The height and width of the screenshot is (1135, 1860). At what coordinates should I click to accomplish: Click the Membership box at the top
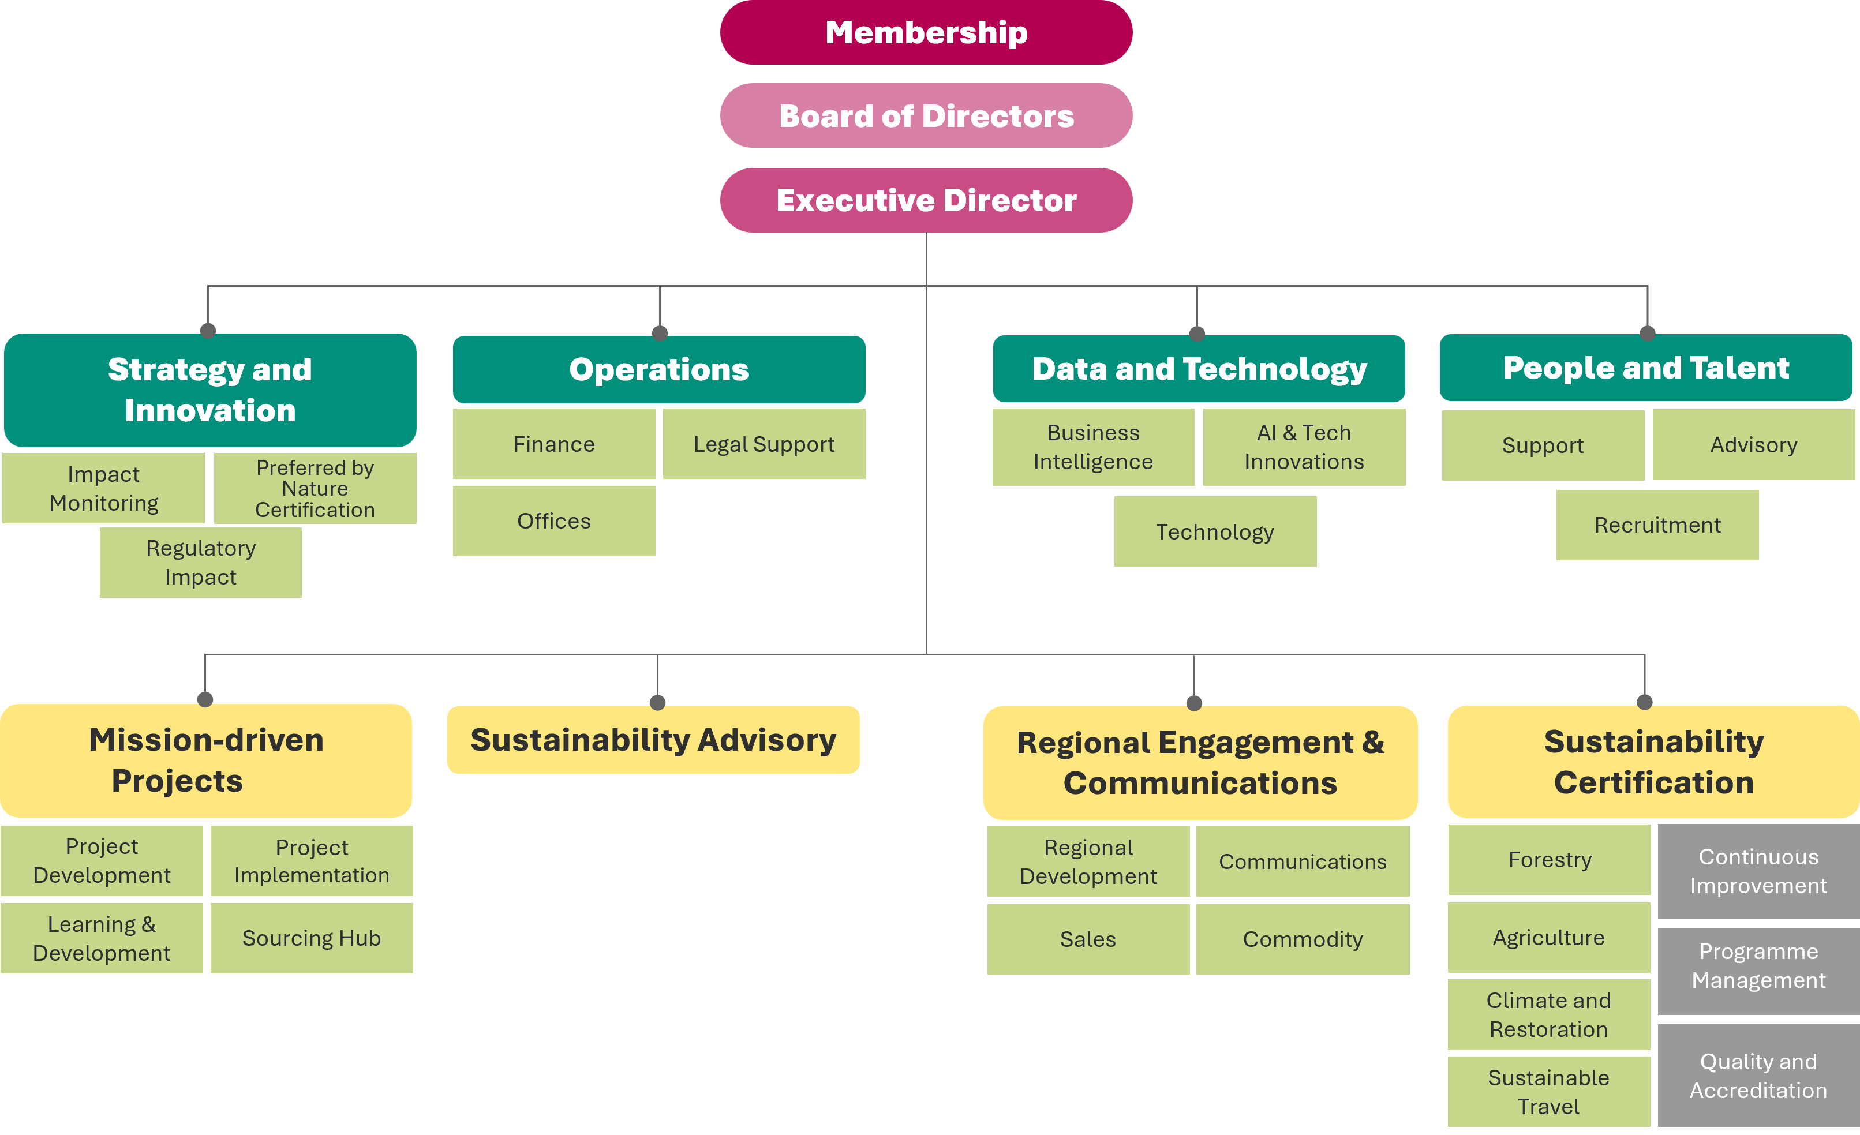point(926,32)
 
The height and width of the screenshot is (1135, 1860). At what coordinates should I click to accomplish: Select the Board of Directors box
point(926,115)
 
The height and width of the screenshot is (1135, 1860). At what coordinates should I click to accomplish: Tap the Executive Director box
point(926,200)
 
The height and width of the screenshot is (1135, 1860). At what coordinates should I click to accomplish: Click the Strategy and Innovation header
point(210,389)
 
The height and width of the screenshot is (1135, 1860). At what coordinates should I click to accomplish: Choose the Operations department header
point(658,369)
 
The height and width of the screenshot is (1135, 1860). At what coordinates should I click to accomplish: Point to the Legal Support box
point(764,444)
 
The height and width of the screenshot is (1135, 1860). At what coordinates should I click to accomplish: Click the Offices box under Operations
point(553,520)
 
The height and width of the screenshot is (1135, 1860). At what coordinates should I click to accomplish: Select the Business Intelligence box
point(1092,447)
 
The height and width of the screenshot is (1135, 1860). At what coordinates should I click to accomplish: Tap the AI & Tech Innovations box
point(1304,447)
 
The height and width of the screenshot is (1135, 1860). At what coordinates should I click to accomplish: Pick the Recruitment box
point(1657,525)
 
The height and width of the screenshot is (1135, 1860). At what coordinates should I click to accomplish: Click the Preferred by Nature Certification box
point(315,488)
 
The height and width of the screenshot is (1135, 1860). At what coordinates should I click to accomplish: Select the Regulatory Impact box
point(200,562)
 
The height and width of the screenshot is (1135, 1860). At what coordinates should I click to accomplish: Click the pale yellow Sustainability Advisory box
point(653,740)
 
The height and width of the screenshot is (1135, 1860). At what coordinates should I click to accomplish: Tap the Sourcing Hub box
point(311,938)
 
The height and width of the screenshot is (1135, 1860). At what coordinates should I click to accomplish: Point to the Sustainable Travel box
point(1548,1091)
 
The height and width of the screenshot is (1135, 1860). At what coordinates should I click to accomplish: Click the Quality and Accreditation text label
point(1758,1076)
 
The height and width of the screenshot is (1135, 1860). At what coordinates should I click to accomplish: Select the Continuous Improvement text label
point(1758,871)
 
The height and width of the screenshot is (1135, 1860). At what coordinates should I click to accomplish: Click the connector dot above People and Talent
point(1647,333)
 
